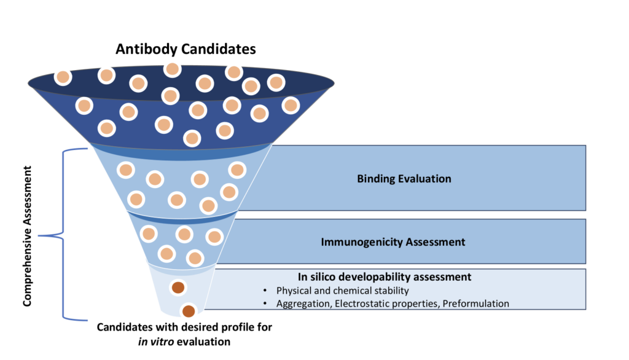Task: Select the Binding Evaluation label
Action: pyautogui.click(x=404, y=179)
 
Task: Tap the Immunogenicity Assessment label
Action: pyautogui.click(x=393, y=241)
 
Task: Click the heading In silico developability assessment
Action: pyautogui.click(x=385, y=277)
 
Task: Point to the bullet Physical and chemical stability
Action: pyautogui.click(x=343, y=291)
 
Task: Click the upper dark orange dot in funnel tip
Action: pyautogui.click(x=178, y=287)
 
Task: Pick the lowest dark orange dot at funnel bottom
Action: pyautogui.click(x=189, y=311)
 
